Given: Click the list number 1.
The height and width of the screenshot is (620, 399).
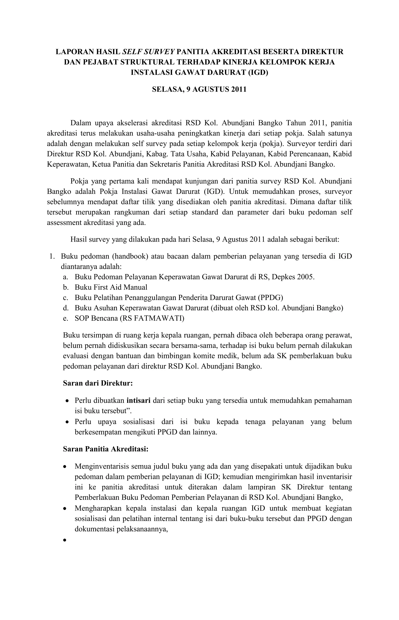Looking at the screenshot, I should point(52,256).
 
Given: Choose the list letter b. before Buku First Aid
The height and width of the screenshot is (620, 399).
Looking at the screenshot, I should point(65,288).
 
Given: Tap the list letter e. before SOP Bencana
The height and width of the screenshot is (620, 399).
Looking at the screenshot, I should point(65,318).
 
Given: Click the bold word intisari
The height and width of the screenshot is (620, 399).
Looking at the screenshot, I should point(139,401).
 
